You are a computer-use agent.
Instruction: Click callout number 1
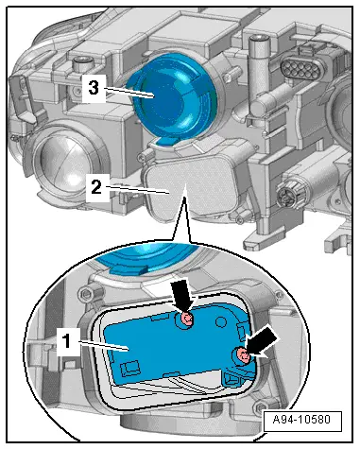coord(66,341)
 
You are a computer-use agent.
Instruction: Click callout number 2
coord(96,187)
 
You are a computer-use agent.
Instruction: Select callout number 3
coord(94,88)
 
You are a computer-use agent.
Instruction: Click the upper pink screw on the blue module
coord(187,319)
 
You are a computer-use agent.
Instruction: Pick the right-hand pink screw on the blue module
coord(243,355)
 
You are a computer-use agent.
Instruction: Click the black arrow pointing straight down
coord(183,296)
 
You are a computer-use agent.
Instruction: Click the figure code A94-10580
coord(302,420)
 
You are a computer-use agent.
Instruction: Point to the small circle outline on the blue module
coord(221,322)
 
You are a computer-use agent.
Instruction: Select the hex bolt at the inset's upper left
coord(89,290)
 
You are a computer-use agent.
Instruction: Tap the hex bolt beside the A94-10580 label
coord(260,405)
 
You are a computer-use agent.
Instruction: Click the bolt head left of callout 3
coord(82,64)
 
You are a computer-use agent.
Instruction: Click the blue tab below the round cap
coord(166,142)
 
